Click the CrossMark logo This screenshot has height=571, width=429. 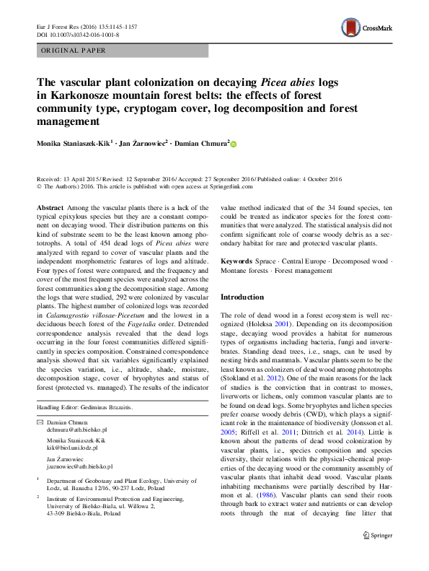(x=367, y=28)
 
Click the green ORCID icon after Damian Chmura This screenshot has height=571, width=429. (x=233, y=145)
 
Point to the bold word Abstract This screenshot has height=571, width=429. (x=50, y=207)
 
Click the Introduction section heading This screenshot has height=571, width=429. (x=242, y=297)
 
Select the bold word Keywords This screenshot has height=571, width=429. (x=236, y=261)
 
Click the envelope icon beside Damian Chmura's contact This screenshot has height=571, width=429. (x=40, y=421)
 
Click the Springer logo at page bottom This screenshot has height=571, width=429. (x=377, y=555)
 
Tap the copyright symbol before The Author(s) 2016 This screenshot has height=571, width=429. (x=39, y=186)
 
